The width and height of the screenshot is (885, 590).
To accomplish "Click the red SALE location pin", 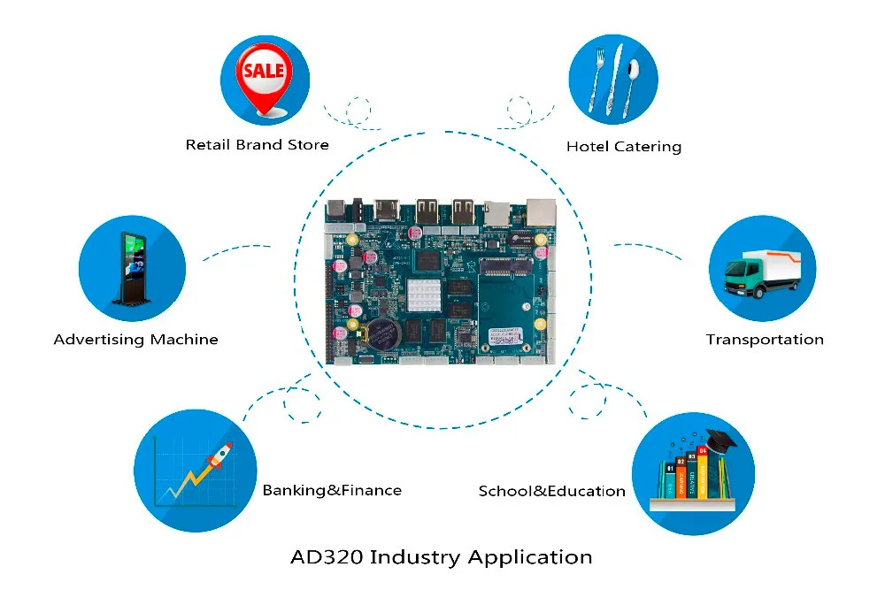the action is tap(264, 80).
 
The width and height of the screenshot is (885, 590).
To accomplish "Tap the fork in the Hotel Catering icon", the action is tap(596, 79).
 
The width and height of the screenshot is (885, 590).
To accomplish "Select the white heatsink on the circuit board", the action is tap(423, 295).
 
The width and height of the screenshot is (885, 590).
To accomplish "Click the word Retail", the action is tap(208, 145).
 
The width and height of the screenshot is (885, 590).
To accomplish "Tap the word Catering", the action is tap(648, 147).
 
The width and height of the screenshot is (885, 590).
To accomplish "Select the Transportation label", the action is tap(765, 340).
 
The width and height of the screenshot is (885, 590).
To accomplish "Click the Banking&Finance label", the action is tap(332, 490).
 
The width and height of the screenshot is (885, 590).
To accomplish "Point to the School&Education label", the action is tap(551, 491).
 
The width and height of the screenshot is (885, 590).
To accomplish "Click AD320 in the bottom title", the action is tap(327, 557).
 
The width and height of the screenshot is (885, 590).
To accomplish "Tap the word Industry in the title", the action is tap(415, 558).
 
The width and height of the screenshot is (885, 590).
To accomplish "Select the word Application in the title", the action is tap(530, 558).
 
